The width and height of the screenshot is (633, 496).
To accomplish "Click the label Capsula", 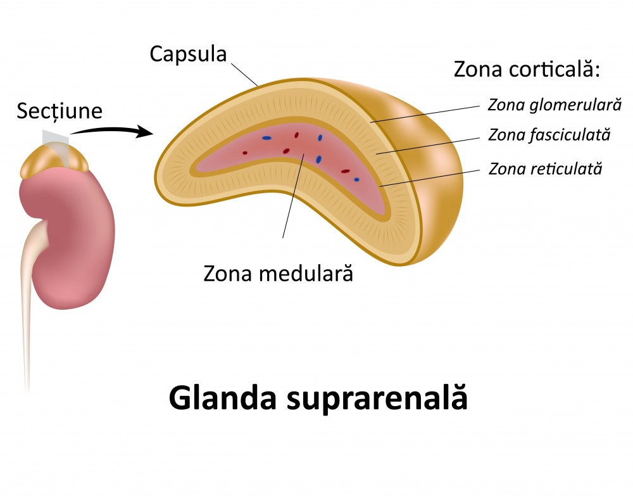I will (188, 54).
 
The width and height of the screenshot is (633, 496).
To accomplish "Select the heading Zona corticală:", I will (527, 70).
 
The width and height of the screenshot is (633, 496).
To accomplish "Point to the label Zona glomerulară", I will (555, 104).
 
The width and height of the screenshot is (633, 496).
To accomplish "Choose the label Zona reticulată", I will (545, 169).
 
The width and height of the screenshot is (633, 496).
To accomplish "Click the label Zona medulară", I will (277, 274).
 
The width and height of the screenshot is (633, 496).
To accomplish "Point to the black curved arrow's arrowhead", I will (147, 132).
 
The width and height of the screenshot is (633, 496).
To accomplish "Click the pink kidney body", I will (70, 241).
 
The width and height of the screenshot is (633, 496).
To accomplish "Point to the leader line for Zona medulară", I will (293, 196).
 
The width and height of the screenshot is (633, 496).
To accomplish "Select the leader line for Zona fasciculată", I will (430, 144).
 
